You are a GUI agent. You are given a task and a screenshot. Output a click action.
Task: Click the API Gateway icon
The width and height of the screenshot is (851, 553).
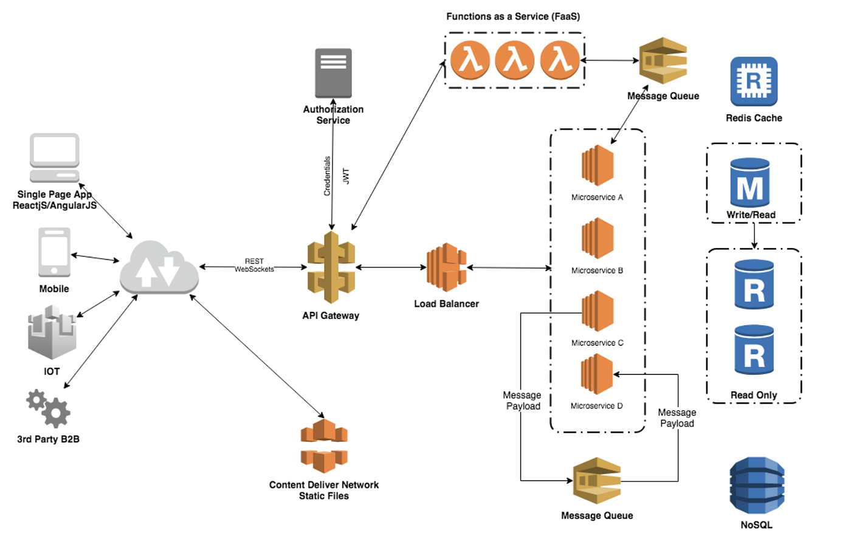point(331,267)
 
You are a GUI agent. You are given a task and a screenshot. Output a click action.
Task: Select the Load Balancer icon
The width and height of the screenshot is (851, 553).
point(446,267)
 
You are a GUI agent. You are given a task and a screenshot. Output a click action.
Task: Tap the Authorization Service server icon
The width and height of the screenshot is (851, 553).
point(333,73)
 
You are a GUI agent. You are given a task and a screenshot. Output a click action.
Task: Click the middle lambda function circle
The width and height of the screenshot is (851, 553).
point(514,60)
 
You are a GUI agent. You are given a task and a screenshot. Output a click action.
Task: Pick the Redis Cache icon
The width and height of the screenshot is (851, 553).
point(754,81)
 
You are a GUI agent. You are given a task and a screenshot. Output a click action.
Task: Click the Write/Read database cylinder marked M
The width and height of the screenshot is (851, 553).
point(750,183)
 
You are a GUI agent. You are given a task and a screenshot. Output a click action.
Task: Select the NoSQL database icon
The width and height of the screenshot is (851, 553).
point(757,486)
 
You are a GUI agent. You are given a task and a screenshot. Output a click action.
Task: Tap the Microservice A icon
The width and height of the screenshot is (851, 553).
point(598,165)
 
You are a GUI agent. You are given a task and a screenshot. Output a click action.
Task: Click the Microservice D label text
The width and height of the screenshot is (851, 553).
point(596,406)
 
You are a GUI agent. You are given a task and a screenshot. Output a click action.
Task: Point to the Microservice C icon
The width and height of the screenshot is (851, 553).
point(598,311)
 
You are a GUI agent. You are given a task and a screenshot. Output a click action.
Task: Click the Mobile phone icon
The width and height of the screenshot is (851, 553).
point(54,252)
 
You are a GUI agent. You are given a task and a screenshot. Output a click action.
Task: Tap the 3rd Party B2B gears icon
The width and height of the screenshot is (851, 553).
point(49,408)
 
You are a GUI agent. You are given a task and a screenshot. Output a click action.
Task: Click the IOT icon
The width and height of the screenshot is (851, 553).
point(52,332)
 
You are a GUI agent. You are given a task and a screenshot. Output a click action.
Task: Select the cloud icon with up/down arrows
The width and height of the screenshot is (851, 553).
point(159,268)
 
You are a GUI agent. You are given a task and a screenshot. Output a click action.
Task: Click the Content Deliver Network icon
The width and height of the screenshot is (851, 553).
point(324,446)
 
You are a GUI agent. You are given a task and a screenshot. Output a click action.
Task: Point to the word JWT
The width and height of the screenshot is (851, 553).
point(346,176)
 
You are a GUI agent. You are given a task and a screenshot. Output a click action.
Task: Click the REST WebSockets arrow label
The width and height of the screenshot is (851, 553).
point(254,266)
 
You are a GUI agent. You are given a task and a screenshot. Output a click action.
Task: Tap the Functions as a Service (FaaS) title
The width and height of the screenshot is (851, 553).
point(513,16)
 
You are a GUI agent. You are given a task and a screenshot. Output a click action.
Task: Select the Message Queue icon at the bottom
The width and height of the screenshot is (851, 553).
point(597,481)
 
